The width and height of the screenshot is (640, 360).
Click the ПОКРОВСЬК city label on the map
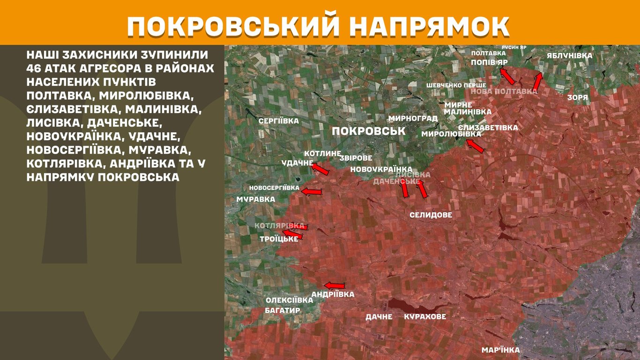point(369,131)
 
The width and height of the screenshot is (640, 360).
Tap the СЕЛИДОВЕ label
point(431,215)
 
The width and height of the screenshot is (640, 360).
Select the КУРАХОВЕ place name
point(425,317)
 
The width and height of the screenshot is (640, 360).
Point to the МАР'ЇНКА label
point(500,350)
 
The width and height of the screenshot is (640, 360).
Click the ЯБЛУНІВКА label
point(569,56)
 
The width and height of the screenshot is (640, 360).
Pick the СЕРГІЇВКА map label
point(279,121)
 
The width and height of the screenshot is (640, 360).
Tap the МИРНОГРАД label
point(413,118)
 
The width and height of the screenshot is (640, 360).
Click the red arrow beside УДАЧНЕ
point(321,169)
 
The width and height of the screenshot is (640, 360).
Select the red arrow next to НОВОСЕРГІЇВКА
point(312,192)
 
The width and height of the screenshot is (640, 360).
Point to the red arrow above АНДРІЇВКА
point(335,285)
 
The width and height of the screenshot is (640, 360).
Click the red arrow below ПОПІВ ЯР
point(507,76)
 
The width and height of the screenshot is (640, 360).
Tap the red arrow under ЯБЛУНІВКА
point(538,81)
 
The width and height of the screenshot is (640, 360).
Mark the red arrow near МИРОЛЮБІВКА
point(476,146)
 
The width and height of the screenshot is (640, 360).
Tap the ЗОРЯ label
point(577,97)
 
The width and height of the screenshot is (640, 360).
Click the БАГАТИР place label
point(282,310)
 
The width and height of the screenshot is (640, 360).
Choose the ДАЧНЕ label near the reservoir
point(379,317)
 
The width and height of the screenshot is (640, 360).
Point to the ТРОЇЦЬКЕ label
point(279,239)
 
